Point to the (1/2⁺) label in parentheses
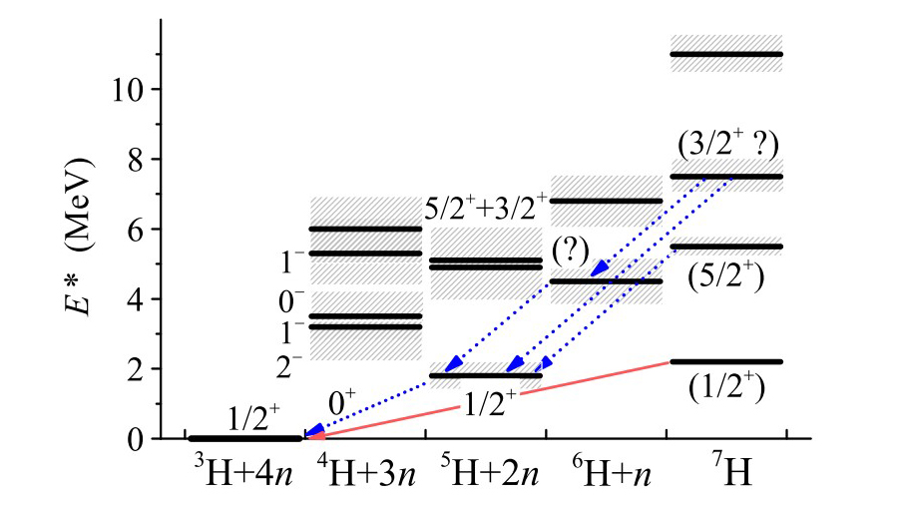click(x=725, y=386)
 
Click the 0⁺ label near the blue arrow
click(x=342, y=403)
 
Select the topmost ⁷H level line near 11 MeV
click(x=725, y=54)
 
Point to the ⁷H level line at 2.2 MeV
click(x=725, y=361)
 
